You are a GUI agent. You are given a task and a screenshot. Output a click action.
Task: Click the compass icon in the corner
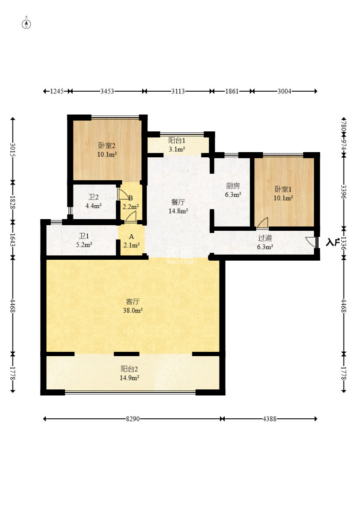pos(26,24)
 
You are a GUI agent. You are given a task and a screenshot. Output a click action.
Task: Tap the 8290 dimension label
pos(133,419)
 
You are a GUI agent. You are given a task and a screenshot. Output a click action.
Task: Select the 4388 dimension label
pos(270,419)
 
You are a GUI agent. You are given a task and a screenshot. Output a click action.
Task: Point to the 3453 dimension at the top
pos(107,91)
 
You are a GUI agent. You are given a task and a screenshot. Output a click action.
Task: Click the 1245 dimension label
pos(57,91)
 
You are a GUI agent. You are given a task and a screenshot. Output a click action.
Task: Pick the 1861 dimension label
pos(232,91)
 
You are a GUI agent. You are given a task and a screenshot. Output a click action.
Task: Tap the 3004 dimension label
pos(284,91)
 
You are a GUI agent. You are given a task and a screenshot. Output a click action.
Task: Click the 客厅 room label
pos(133,302)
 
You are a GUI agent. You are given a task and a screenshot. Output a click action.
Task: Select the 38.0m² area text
pos(133,310)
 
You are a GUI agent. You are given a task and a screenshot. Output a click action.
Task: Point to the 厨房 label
pos(233,186)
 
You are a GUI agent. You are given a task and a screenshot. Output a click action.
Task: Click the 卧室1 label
pos(283,189)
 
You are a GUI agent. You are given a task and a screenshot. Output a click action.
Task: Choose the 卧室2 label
pos(107,145)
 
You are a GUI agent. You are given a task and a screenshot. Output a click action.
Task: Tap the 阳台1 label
pos(177,140)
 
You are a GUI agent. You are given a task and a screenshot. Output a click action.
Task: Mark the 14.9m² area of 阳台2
pos(129,378)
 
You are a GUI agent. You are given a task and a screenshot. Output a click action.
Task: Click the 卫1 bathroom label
pos(84,236)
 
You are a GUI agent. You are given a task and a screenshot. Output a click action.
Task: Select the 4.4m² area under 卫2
pos(93,206)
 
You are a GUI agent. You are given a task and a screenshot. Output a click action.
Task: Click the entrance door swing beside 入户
pos(311,242)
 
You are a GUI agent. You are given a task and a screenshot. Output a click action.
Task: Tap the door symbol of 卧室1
pos(263,223)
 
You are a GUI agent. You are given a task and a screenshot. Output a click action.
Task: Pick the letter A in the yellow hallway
pos(131,236)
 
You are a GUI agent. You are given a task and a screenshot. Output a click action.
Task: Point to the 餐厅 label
pos(178,202)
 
